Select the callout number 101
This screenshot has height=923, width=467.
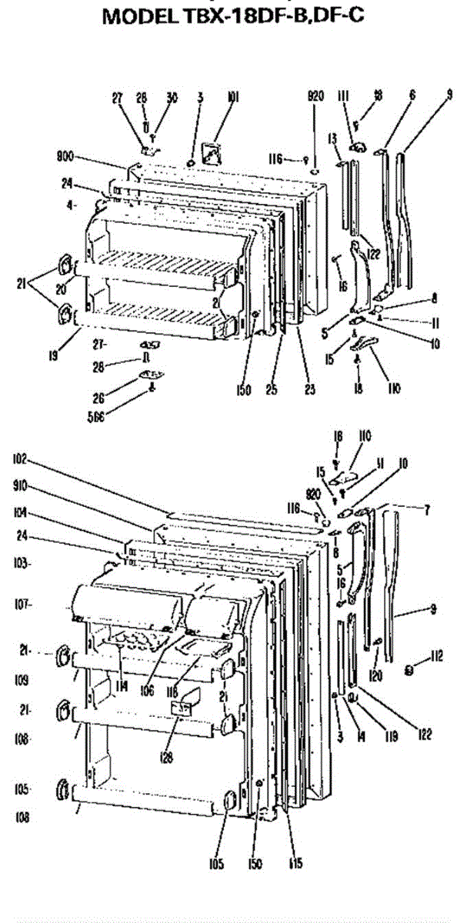click(232, 97)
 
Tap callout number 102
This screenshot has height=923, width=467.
click(20, 460)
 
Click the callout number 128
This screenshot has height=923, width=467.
click(167, 757)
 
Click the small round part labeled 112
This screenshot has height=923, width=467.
click(410, 670)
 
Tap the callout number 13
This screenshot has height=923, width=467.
click(333, 138)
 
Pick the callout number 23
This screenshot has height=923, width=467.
click(309, 390)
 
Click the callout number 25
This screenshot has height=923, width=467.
click(271, 390)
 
